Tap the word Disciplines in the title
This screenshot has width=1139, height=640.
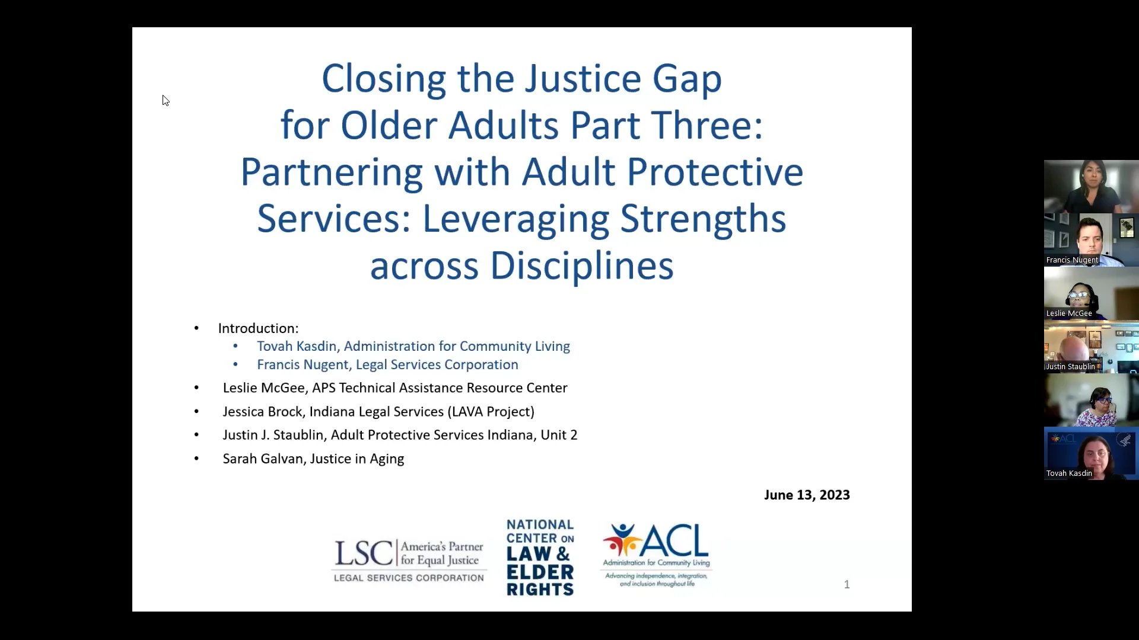coord(581,265)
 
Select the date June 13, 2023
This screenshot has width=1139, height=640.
coord(806,495)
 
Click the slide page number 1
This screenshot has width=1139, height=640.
coord(847,584)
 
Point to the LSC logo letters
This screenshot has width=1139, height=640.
coord(363,553)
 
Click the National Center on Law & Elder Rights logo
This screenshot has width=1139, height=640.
coord(540,557)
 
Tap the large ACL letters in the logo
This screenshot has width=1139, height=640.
coord(675,540)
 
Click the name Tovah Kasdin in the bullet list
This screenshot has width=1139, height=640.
coord(296,346)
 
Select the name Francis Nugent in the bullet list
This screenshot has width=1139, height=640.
coord(303,364)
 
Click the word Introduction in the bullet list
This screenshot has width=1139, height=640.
coord(257,328)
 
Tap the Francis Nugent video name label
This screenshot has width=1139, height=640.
coord(1072,260)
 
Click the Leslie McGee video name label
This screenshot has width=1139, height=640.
coord(1069,313)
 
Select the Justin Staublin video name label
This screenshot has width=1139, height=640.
coord(1071,367)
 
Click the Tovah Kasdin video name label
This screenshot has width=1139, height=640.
coord(1069,473)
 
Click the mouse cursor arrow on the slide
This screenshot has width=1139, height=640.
coord(166,100)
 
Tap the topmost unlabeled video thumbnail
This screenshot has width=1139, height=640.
coord(1091,186)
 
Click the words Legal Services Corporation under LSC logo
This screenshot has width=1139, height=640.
coord(409,578)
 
